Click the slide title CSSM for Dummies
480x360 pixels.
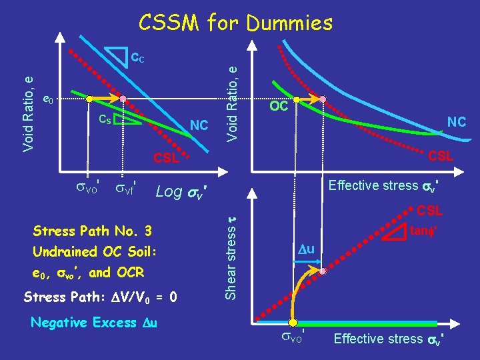coord(235,23)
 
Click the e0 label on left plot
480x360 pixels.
coord(48,100)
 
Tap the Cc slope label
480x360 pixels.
coord(137,58)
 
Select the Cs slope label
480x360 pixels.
coord(105,119)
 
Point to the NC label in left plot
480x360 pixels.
coord(199,125)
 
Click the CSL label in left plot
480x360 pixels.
coord(166,159)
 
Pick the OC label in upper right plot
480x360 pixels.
coord(279,107)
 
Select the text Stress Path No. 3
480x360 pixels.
coord(92,231)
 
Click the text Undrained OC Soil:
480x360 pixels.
coord(94,253)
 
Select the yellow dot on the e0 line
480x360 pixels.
coord(90,99)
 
